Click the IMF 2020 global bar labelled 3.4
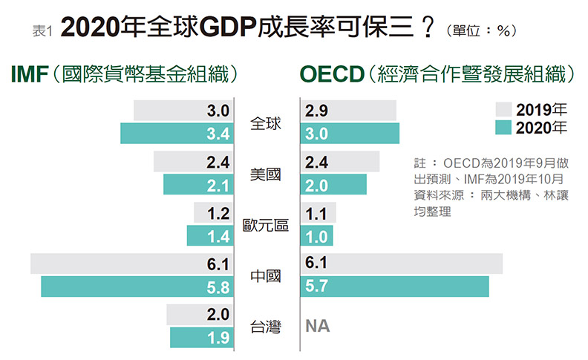pyautogui.click(x=177, y=134)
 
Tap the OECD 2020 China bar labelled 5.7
pyautogui.click(x=394, y=287)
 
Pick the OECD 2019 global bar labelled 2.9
pyautogui.click(x=348, y=111)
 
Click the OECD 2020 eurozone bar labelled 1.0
pyautogui.click(x=317, y=236)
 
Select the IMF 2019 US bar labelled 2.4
pyautogui.click(x=193, y=162)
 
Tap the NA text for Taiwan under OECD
pyautogui.click(x=318, y=326)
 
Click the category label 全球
pyautogui.click(x=267, y=124)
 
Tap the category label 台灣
pyautogui.click(x=267, y=327)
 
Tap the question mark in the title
pyautogui.click(x=427, y=29)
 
